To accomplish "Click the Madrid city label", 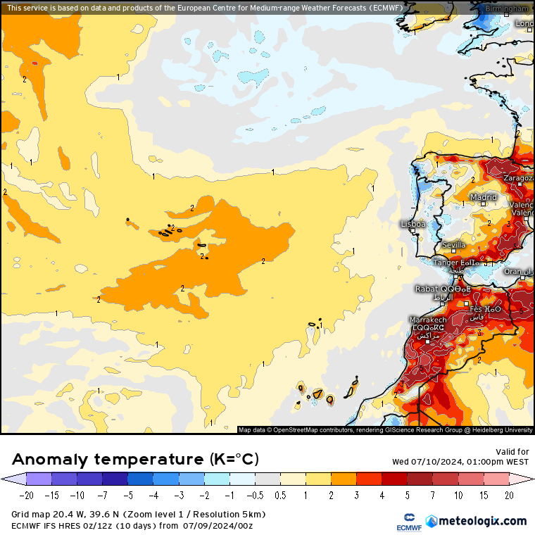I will pyautogui.click(x=483, y=197).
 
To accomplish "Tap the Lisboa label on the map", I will pyautogui.click(x=413, y=224).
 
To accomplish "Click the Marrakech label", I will pyautogui.click(x=428, y=320).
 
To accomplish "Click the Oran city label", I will pyautogui.click(x=513, y=271).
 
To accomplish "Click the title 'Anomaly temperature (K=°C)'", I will pyautogui.click(x=136, y=460).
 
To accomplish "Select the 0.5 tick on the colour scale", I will pyautogui.click(x=280, y=495).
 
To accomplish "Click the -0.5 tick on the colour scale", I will pyautogui.click(x=255, y=495).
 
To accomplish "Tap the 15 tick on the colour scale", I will pyautogui.click(x=484, y=495).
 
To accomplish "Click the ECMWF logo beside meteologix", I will pyautogui.click(x=404, y=521).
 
